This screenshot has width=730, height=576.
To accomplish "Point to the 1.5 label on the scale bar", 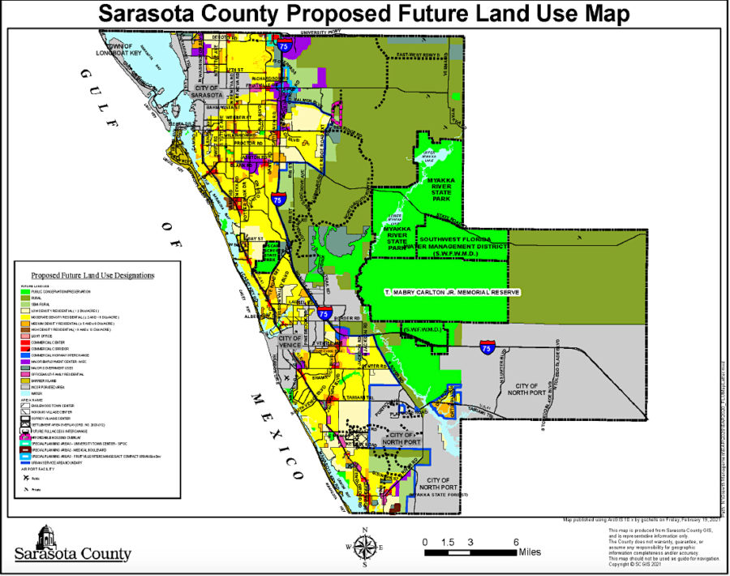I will point(448,542).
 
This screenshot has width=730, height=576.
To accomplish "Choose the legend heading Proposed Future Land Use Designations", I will point(93,275).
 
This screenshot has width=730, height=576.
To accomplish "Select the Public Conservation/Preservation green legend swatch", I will point(24,290).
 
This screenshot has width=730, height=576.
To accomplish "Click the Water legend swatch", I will point(24,393).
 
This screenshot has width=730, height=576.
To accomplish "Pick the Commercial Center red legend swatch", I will point(24,342).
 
